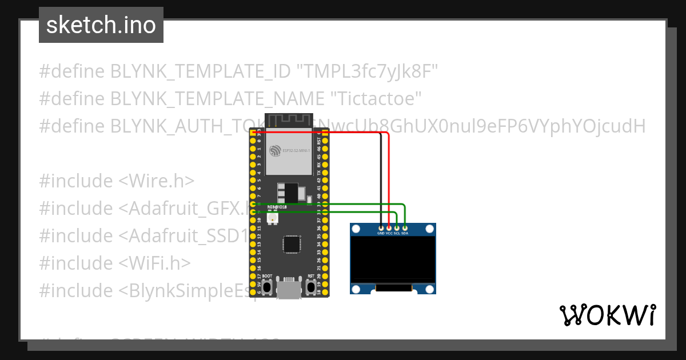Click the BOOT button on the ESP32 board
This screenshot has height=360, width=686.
267,287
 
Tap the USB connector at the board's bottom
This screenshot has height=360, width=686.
289,288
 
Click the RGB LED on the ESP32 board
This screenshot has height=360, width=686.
272,218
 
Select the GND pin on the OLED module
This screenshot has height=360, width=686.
381,228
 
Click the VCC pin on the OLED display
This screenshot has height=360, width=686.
389,228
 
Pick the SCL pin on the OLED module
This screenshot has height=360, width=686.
397,228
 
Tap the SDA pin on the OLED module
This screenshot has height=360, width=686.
405,228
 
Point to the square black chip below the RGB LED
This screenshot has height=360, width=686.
292,245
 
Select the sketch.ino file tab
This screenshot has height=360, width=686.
101,25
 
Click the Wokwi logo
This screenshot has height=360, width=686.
607,315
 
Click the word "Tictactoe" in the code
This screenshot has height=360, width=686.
377,99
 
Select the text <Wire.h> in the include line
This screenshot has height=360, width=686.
156,181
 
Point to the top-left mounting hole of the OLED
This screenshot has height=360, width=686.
356,229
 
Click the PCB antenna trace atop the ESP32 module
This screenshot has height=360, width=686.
289,122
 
